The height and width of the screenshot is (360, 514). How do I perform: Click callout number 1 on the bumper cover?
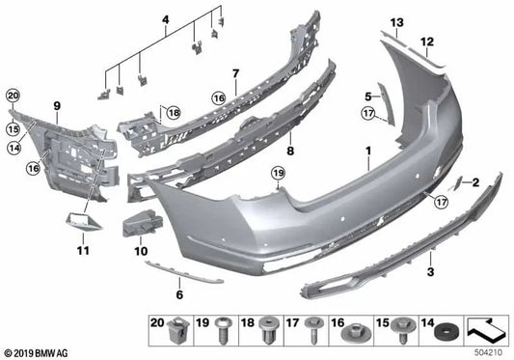pyautogui.click(x=366, y=152)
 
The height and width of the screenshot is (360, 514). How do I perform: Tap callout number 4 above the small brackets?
pyautogui.click(x=165, y=18)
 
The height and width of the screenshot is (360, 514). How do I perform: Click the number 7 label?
pyautogui.click(x=233, y=73)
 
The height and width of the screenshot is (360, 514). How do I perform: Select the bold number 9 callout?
pyautogui.click(x=57, y=104)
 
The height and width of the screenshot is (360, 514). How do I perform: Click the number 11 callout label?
pyautogui.click(x=83, y=251)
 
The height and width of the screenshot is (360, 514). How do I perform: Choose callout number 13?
pyautogui.click(x=396, y=21)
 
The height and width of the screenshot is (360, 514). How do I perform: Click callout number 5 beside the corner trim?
pyautogui.click(x=367, y=96)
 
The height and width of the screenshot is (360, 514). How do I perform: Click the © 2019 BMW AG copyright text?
pyautogui.click(x=38, y=353)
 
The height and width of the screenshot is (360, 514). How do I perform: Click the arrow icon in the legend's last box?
pyautogui.click(x=488, y=329)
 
